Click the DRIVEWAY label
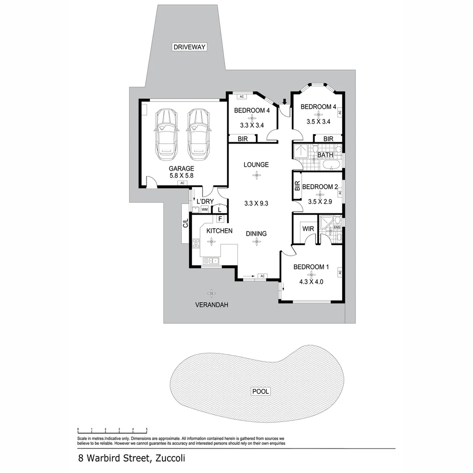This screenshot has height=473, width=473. [189, 47]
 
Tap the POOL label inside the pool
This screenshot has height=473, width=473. [260, 391]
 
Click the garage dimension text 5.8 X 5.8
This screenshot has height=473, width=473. [181, 175]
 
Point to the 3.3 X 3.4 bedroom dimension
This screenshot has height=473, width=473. [252, 125]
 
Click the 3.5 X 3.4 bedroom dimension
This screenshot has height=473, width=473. [318, 122]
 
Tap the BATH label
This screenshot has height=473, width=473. [325, 155]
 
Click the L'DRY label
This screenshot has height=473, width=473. [205, 201]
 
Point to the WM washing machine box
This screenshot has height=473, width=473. [204, 210]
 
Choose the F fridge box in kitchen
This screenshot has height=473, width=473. [220, 219]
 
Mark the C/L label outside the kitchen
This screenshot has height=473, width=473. [185, 223]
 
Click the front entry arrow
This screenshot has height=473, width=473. [285, 102]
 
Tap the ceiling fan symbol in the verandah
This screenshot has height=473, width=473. [212, 293]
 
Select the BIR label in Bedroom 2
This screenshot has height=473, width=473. [297, 186]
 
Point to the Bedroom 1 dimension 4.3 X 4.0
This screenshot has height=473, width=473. [311, 282]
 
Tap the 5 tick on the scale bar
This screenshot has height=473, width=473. [147, 430]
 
